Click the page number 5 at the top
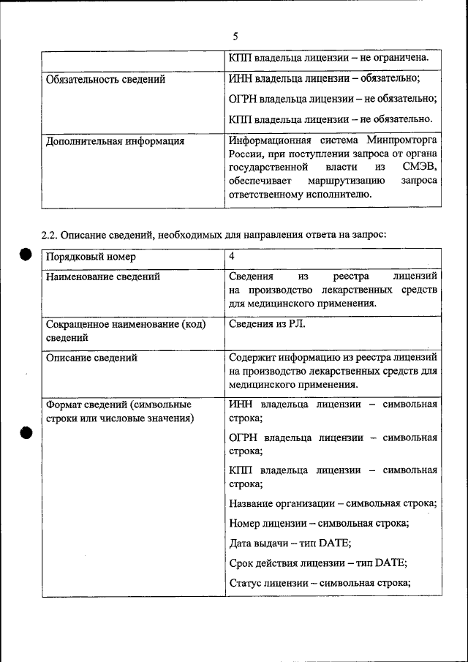[x=235, y=35]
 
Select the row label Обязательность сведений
[x=105, y=79]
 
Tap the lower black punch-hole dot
[x=24, y=432]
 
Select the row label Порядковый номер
[x=91, y=257]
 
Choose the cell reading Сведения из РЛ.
[x=267, y=323]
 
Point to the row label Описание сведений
[x=91, y=358]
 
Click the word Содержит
[x=251, y=358]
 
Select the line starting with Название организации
[x=333, y=504]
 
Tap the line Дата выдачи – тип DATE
[x=290, y=543]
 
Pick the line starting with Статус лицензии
[x=320, y=583]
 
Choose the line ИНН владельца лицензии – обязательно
[x=324, y=79]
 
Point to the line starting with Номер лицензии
[x=319, y=524]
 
